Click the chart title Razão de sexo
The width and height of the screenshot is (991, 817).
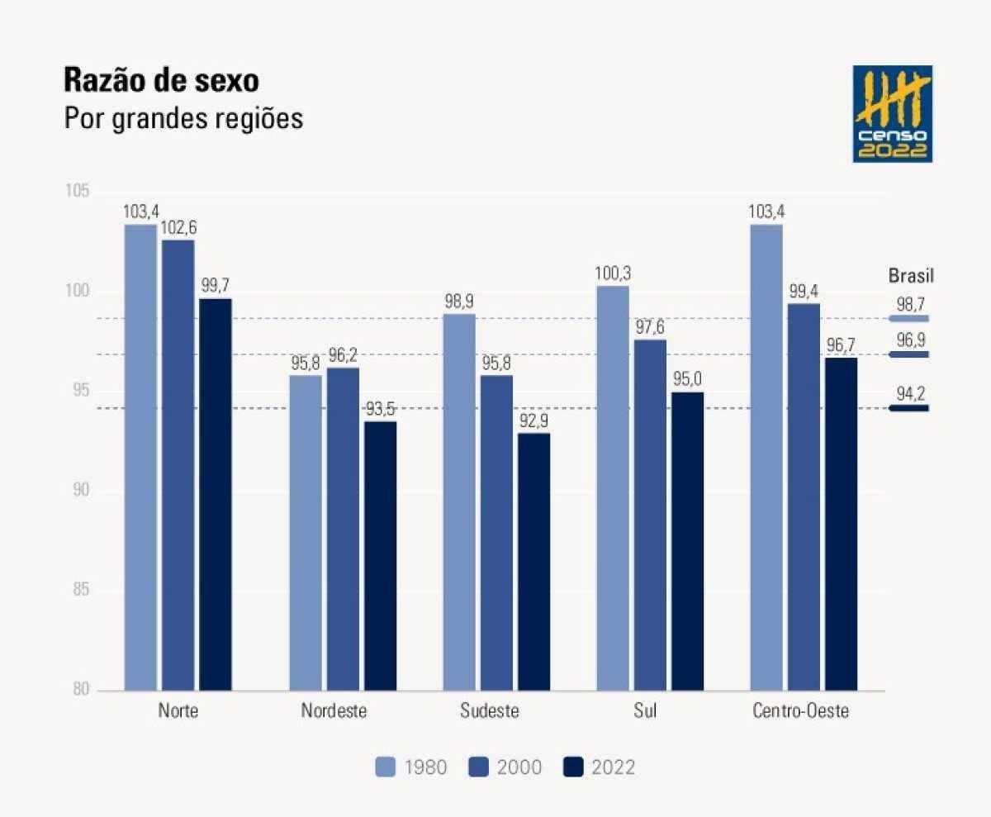click(x=161, y=82)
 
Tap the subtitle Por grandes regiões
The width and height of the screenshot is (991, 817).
click(x=183, y=118)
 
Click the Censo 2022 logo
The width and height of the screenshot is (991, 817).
click(x=892, y=113)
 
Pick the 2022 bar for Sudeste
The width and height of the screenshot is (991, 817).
click(x=533, y=561)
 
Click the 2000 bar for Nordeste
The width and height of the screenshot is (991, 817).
click(x=343, y=529)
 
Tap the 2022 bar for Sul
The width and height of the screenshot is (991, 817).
click(x=687, y=540)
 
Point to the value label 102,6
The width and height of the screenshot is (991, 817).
click(x=178, y=228)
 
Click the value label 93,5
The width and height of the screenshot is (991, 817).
click(x=381, y=410)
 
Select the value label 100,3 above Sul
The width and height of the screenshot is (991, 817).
click(x=612, y=273)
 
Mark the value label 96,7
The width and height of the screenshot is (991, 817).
click(x=841, y=345)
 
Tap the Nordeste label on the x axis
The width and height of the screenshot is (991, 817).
click(x=334, y=711)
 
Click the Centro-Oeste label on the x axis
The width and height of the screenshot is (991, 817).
click(x=800, y=711)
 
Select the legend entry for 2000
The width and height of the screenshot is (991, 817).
click(x=505, y=767)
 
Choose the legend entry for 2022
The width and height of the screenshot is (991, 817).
click(x=599, y=767)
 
